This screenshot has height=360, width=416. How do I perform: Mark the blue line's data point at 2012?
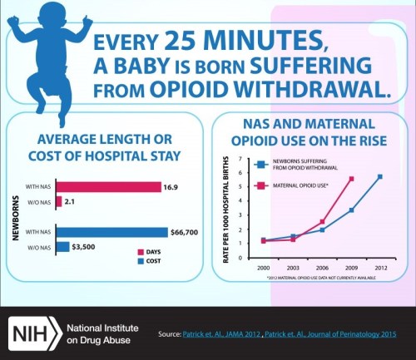380,176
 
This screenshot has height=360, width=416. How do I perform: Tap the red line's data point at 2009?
351,179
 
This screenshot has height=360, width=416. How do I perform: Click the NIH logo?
31,333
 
